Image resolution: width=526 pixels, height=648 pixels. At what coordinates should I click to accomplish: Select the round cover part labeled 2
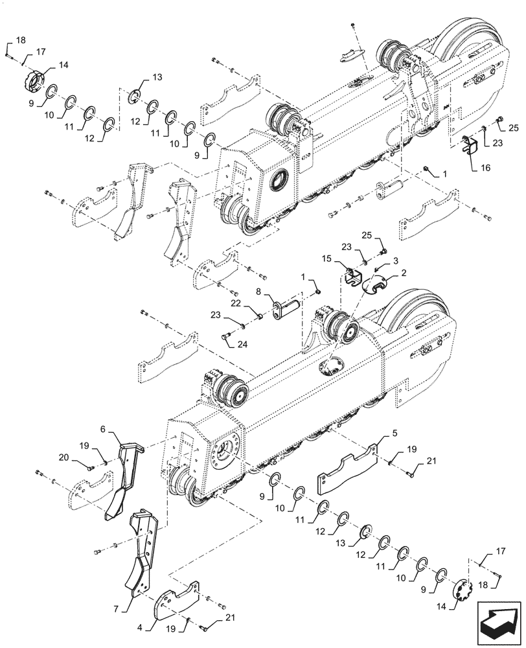(x=376, y=286)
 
